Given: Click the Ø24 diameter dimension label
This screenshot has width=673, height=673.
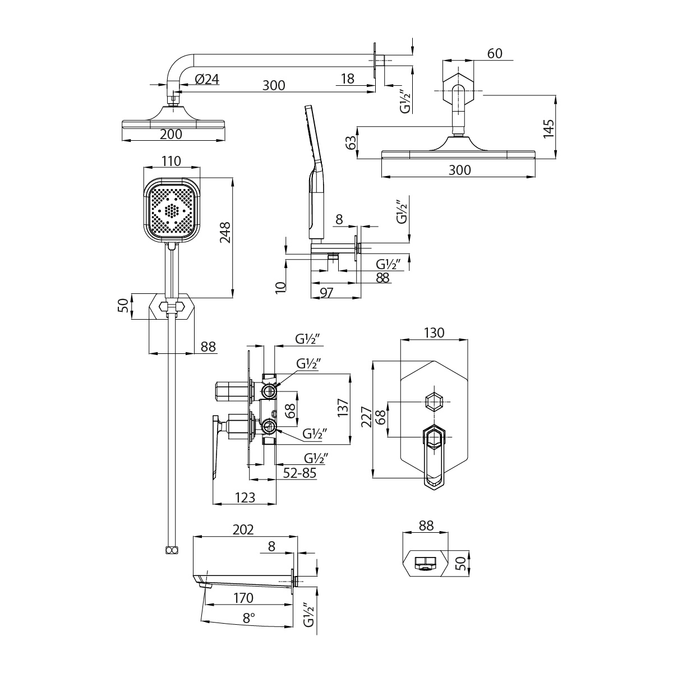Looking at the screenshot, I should tap(207, 80).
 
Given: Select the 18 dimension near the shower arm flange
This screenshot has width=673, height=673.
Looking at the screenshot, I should tap(348, 79).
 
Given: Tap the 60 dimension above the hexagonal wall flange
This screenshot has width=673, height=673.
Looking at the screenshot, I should tap(495, 53).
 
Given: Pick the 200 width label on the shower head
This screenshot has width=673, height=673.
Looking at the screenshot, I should tap(171, 134).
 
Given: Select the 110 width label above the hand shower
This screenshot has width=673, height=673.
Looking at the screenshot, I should tap(171, 162).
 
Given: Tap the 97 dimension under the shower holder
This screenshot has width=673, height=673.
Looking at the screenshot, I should tap(326, 292).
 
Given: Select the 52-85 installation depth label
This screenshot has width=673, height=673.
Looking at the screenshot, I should tap(299, 473).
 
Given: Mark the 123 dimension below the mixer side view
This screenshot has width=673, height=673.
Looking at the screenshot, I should tap(245, 497).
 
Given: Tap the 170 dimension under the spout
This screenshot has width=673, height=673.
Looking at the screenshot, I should tap(242, 599).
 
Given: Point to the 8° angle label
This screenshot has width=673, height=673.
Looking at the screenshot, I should tap(249, 617).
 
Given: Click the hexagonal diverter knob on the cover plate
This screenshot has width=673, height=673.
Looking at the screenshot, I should tap(435, 401).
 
